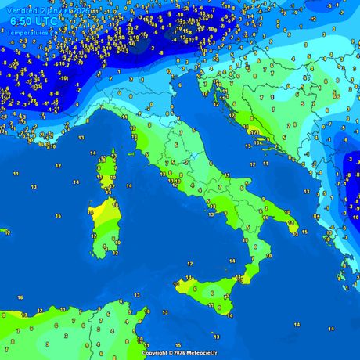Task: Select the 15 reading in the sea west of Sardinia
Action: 57,215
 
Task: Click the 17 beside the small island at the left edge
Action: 7,232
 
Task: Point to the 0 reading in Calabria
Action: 254,246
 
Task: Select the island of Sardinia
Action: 103,227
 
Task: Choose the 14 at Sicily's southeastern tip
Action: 229,315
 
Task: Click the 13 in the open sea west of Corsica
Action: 34,187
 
